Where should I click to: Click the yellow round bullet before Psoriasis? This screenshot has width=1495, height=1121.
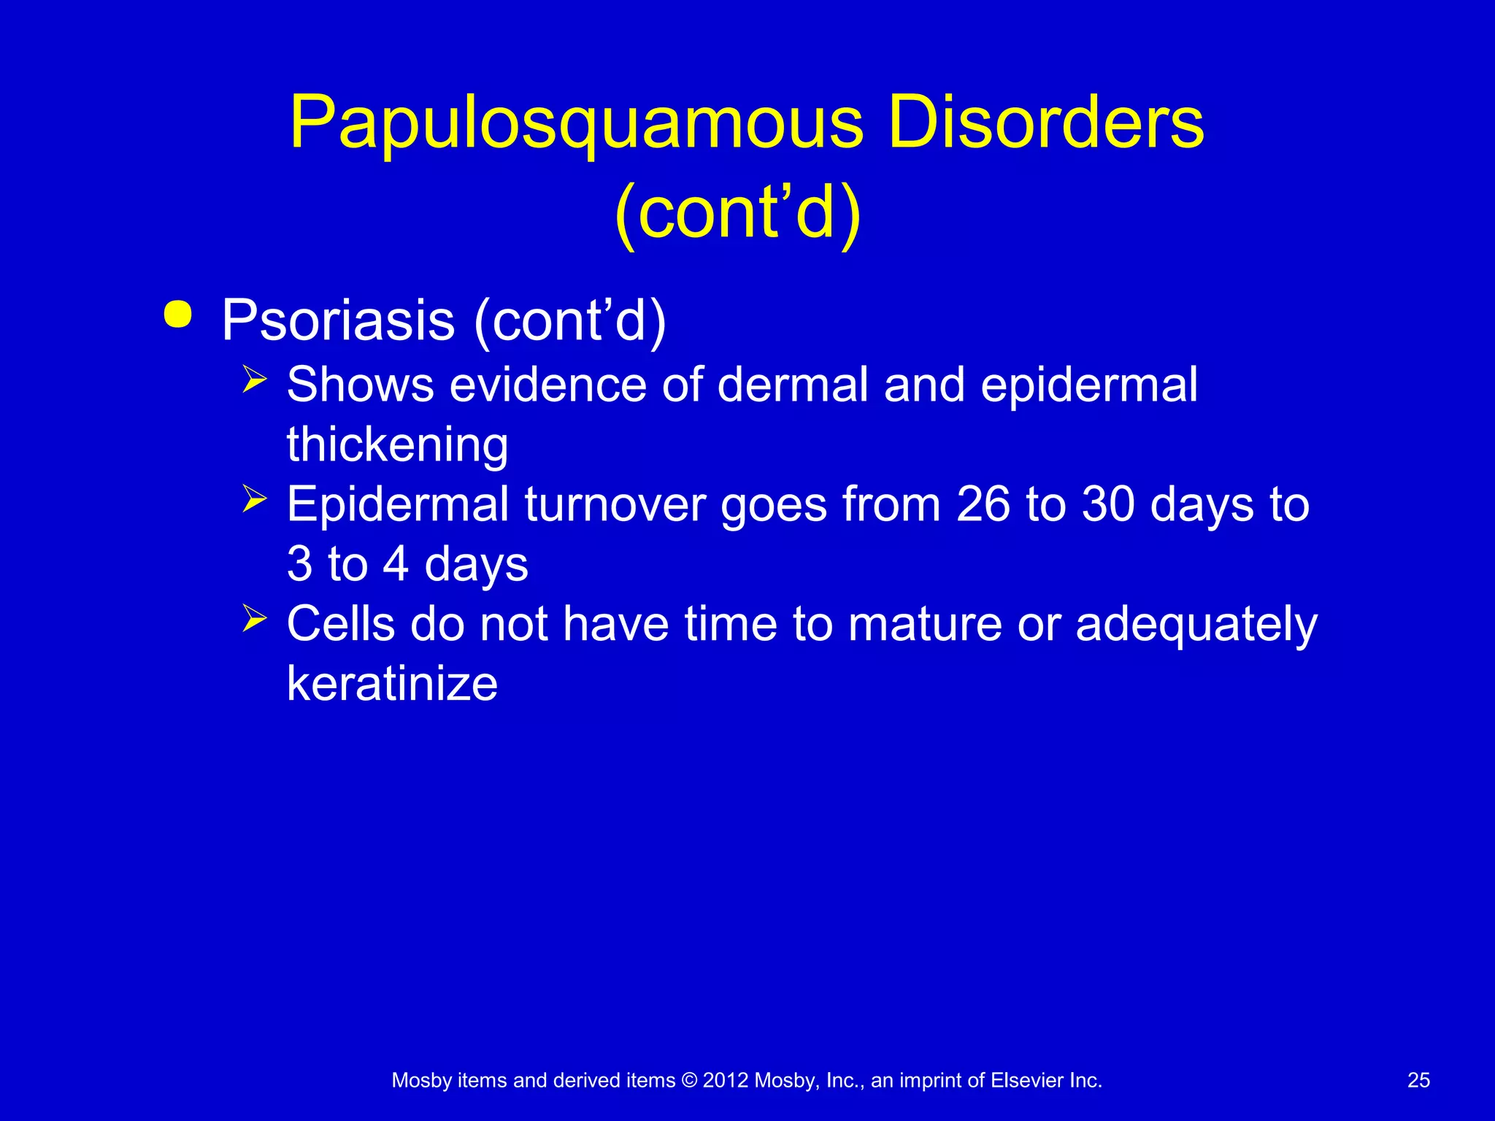point(178,315)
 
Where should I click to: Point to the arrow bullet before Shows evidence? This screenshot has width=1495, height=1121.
point(254,380)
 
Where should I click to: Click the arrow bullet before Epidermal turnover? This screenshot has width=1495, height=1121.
point(254,499)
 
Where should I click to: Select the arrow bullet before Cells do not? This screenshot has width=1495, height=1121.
point(254,619)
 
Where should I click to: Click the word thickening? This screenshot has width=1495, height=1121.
point(397,444)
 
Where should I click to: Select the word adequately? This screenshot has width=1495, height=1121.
point(1196,625)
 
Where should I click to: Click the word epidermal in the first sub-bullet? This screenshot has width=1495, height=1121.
point(1088,385)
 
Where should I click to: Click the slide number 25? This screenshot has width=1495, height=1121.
point(1418,1080)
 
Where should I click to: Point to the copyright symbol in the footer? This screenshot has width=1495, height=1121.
point(689,1080)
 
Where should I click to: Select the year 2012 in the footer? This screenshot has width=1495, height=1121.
point(726,1080)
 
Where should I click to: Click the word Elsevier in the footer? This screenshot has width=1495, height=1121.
point(1027,1080)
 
